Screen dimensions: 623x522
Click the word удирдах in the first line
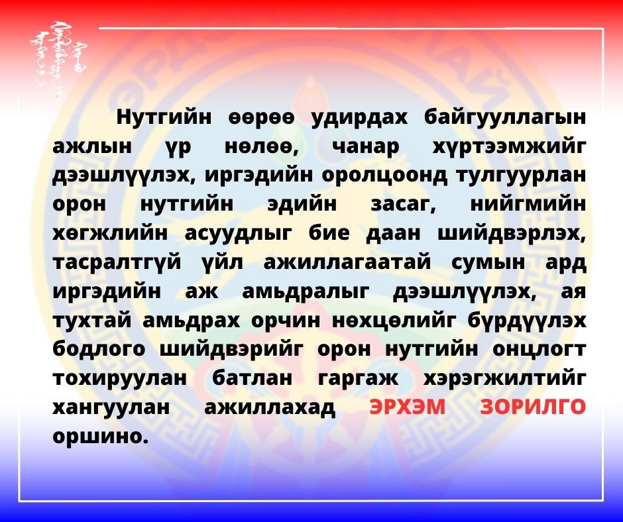[x=359, y=119]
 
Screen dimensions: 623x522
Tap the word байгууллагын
[x=505, y=119]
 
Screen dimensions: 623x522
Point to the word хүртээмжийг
[x=510, y=148]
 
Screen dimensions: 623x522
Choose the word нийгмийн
[x=528, y=204]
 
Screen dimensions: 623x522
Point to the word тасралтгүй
[x=117, y=262]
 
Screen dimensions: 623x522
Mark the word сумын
[x=488, y=263]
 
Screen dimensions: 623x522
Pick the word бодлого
[x=99, y=350]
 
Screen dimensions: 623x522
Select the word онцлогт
[x=539, y=350]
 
